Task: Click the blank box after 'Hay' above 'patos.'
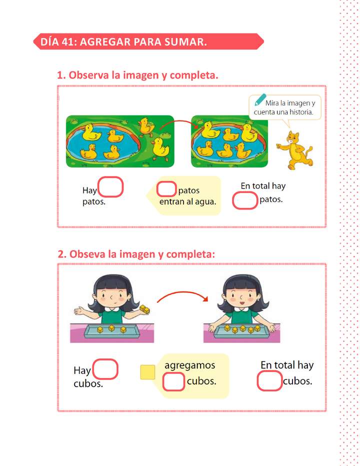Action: coord(110,187)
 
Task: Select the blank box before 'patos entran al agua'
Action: coord(166,189)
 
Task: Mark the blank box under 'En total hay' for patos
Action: coord(245,200)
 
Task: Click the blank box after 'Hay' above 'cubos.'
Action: coord(105,369)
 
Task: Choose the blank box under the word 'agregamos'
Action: coord(174,381)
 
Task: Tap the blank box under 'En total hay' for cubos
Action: coord(269,381)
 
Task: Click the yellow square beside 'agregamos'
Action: coord(147,372)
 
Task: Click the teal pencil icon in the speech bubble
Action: coord(260,100)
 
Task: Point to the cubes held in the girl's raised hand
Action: coord(145,309)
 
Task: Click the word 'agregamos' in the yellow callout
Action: coord(189,365)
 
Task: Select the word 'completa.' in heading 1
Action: coord(194,75)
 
